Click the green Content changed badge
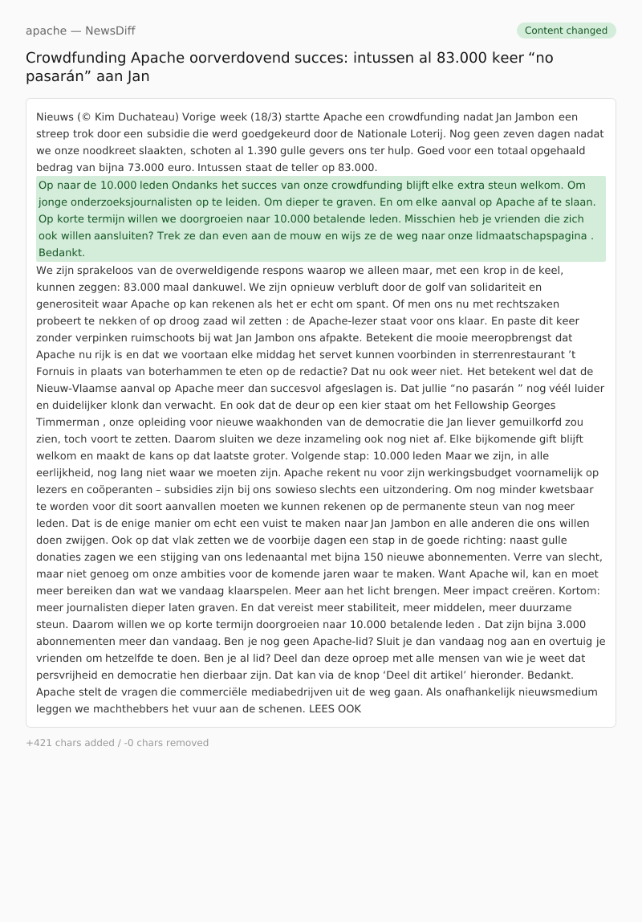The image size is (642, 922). [x=566, y=31]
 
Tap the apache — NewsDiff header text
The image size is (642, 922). [x=80, y=31]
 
